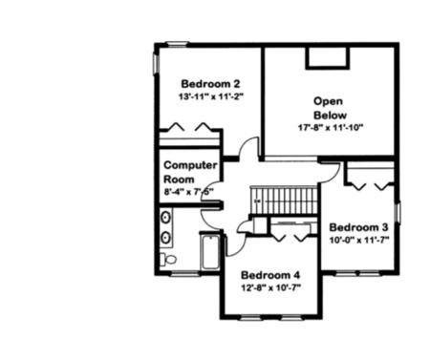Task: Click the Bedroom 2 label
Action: click(x=204, y=83)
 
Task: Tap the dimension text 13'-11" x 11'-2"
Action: click(x=204, y=97)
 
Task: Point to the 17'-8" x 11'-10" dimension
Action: click(x=330, y=128)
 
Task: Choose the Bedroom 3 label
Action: click(x=358, y=227)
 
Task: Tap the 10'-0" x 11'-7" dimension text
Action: click(x=358, y=242)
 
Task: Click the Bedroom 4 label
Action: click(x=270, y=275)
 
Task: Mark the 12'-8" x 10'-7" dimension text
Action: click(x=270, y=289)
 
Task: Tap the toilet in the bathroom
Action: click(x=168, y=259)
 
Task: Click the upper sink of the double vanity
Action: click(x=166, y=219)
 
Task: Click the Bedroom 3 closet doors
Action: click(x=371, y=178)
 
